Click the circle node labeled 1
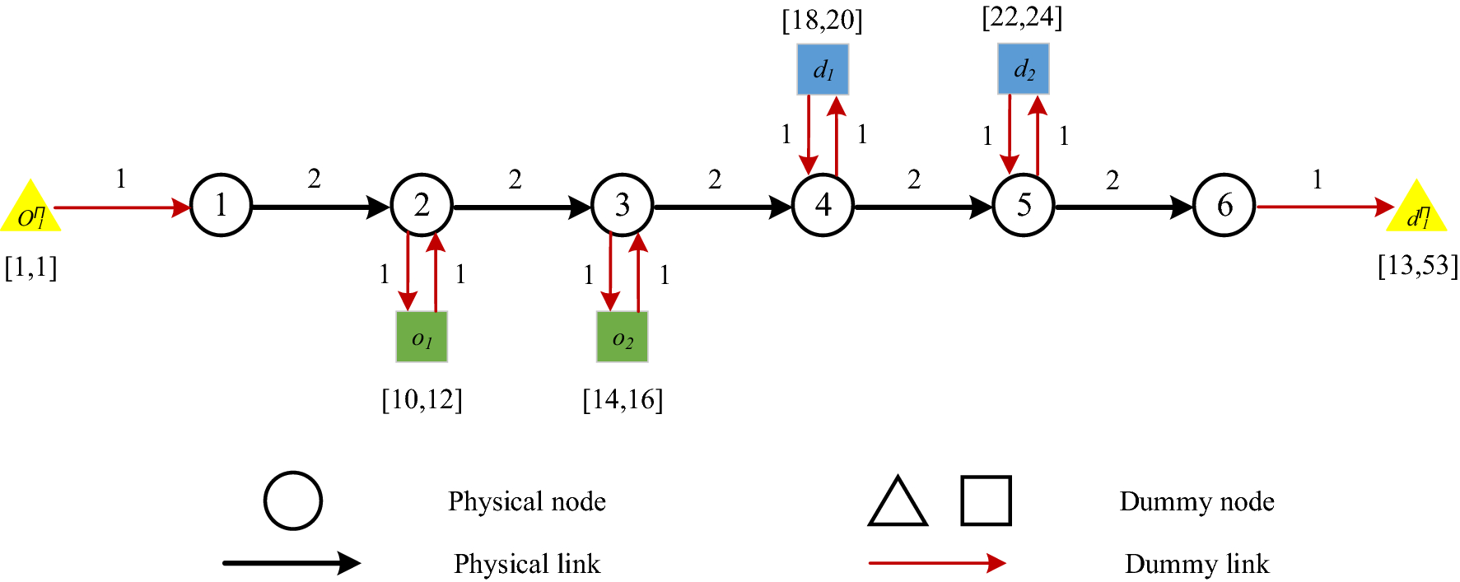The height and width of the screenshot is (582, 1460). point(221,206)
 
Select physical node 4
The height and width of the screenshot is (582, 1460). point(823,206)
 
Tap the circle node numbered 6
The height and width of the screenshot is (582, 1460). point(1224,206)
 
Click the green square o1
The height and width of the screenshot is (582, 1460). point(422,337)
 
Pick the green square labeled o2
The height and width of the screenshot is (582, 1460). point(623,337)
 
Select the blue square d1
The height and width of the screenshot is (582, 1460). point(823,70)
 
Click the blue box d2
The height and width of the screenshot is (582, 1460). point(1024,70)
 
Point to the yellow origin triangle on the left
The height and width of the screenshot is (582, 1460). point(30,211)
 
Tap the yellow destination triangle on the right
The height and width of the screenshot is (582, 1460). point(1416,211)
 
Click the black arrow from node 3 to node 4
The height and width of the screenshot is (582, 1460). point(721,207)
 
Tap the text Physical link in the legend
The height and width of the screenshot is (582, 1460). point(527,564)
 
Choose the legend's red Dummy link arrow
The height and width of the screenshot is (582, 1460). point(936,563)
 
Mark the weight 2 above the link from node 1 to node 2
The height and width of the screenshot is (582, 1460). point(315,179)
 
